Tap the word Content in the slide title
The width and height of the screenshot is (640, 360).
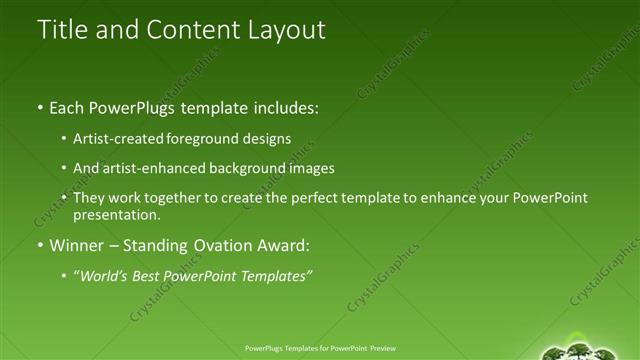tap(189, 30)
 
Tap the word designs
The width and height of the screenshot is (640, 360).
tap(273, 138)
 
